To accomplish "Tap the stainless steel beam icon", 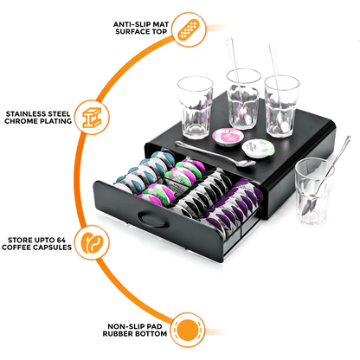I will [93, 116].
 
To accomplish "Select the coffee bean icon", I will [92, 244].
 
